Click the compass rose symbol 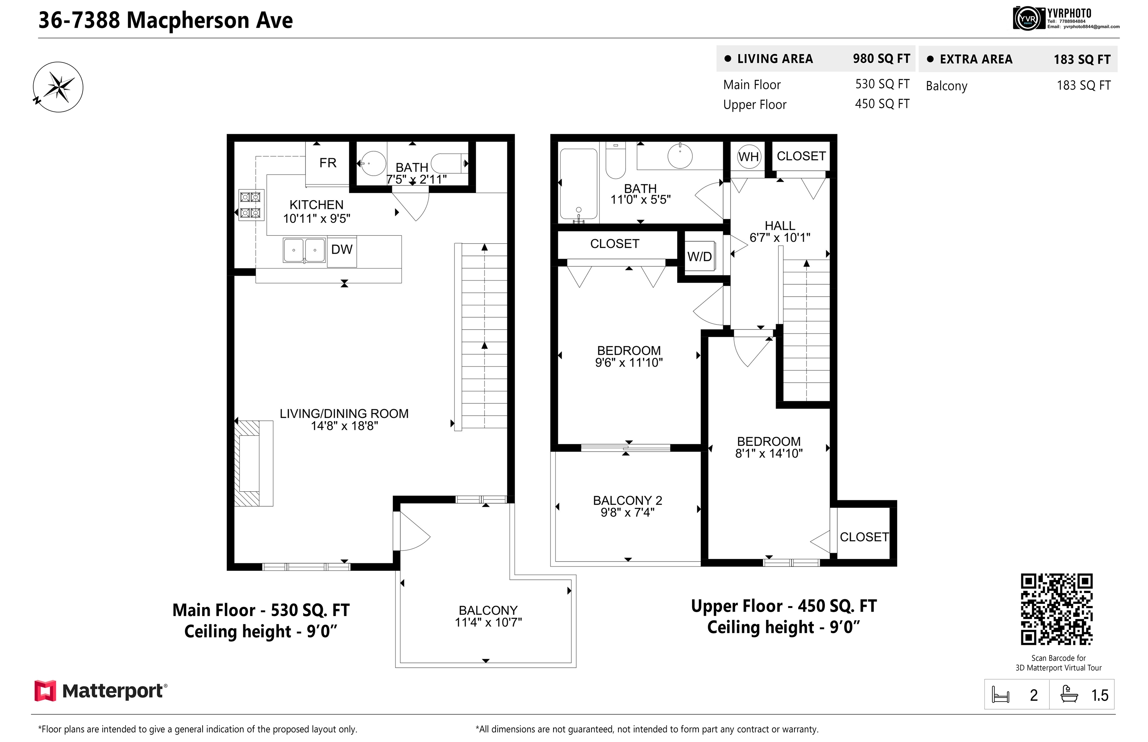tap(58, 87)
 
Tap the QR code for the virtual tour tap(1056, 609)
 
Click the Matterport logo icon tap(45, 690)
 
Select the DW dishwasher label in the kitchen tap(342, 250)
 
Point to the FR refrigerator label tap(328, 163)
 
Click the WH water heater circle tap(749, 157)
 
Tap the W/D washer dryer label tap(699, 257)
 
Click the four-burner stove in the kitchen tap(251, 205)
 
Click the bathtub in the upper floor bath tap(578, 184)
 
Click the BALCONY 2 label tap(627, 500)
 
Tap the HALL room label tap(780, 226)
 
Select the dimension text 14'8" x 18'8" tap(344, 426)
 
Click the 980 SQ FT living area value tap(882, 59)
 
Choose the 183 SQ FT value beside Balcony tap(1084, 86)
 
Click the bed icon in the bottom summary tap(1000, 695)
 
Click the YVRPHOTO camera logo tap(1028, 19)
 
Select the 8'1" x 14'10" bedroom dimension tap(769, 454)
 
